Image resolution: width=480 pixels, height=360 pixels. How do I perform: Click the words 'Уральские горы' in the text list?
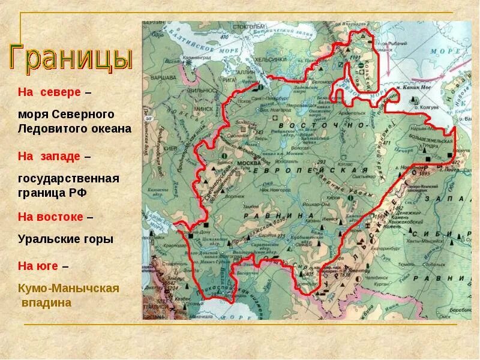[x=65, y=239]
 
